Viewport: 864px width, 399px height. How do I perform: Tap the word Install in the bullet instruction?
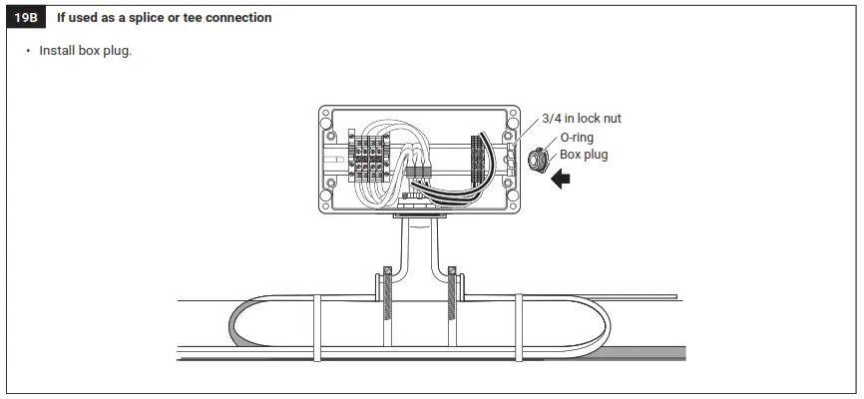[59, 51]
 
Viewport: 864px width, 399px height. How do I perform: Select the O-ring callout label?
[580, 137]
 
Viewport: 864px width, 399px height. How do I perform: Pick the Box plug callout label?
[584, 155]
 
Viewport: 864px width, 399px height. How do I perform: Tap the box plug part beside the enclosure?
[536, 158]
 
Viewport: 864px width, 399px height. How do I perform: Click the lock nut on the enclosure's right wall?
[510, 158]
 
